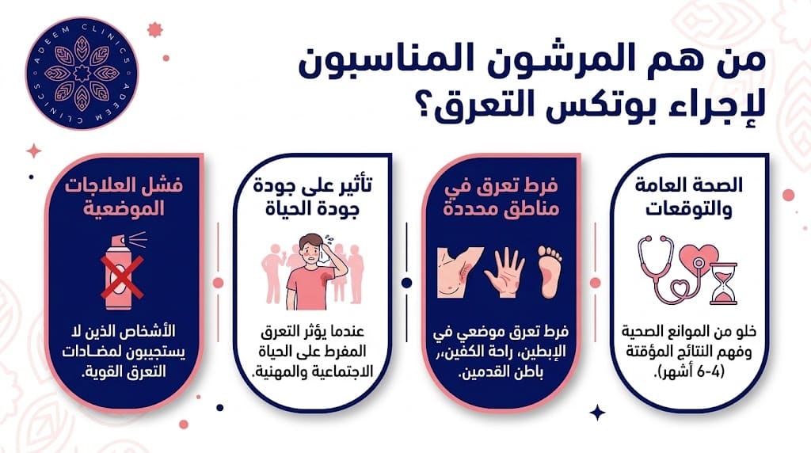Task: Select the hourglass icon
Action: coord(723,283)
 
